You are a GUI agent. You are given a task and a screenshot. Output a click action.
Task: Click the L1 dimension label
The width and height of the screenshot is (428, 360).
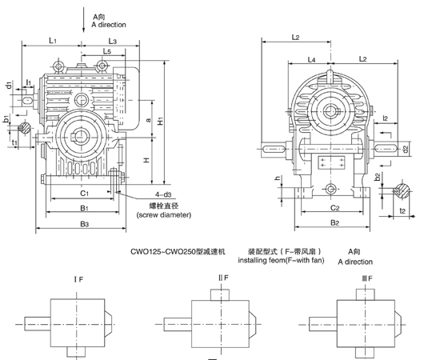(x=53, y=41)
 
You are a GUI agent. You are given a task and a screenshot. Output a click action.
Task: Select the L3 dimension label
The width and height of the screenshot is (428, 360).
(x=113, y=42)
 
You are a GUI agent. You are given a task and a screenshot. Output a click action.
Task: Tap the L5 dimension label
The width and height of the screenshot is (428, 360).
(x=107, y=51)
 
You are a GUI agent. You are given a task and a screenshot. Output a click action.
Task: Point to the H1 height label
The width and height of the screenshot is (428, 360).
(x=161, y=120)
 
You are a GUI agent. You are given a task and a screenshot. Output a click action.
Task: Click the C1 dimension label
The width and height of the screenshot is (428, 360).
(x=84, y=194)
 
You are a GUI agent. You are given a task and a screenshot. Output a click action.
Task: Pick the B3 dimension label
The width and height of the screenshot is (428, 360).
(x=84, y=224)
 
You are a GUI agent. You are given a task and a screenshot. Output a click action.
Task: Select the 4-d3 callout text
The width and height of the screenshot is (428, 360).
(x=163, y=194)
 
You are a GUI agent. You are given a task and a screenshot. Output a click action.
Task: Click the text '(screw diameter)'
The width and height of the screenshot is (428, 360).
(x=164, y=214)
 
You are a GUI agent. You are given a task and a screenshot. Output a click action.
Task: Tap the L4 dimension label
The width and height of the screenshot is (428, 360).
(x=311, y=59)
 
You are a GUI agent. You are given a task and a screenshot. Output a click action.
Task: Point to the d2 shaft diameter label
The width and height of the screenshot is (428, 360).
(x=406, y=149)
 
